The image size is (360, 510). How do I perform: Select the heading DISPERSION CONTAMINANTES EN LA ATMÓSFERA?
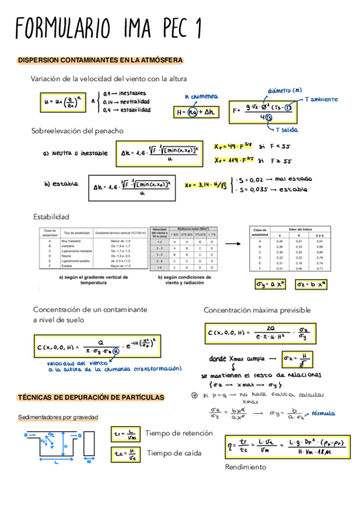point(100,60)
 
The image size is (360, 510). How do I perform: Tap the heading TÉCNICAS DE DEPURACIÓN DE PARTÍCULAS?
point(90,398)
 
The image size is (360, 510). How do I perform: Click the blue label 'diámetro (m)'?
point(285,89)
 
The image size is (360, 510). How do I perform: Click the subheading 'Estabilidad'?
point(51,217)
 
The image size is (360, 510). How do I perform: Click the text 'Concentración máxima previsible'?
point(257,310)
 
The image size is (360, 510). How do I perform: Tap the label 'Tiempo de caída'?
point(174,453)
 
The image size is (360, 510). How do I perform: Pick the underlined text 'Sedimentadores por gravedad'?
point(58,417)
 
